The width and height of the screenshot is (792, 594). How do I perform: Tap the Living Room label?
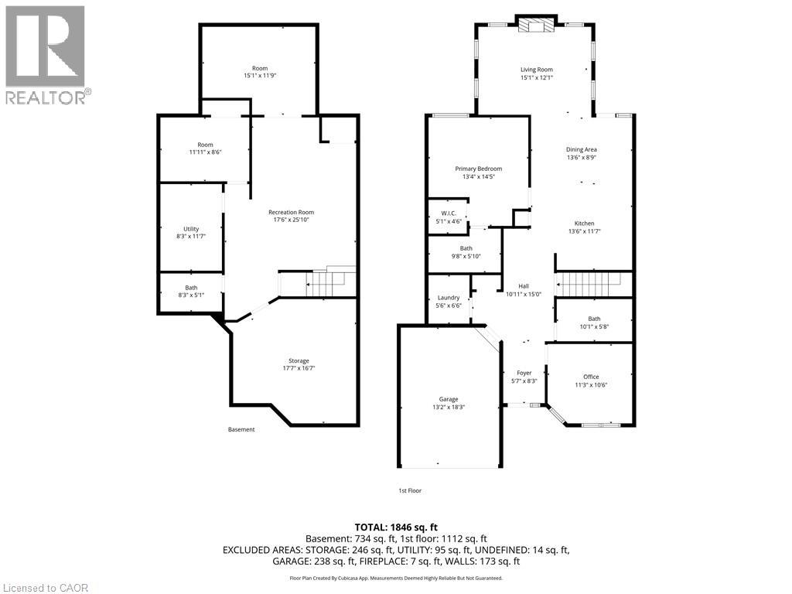[536, 70]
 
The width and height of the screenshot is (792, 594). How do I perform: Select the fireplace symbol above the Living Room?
[536, 26]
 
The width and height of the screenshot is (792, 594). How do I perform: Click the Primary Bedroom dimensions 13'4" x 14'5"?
[478, 177]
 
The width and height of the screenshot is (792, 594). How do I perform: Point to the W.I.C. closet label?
[449, 213]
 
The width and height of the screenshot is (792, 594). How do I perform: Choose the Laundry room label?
[449, 298]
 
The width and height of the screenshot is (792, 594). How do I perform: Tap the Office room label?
[591, 377]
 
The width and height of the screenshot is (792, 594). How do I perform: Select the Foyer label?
[524, 373]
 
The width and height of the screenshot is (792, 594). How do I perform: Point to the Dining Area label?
[581, 149]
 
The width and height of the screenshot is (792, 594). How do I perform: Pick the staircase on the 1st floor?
[592, 284]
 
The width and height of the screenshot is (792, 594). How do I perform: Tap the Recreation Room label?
[291, 212]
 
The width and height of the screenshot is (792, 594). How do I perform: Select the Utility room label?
[191, 229]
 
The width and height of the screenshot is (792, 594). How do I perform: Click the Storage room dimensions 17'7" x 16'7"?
[299, 369]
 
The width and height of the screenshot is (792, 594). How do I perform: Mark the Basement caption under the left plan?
[241, 429]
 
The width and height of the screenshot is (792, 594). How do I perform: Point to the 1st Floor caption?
[410, 490]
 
